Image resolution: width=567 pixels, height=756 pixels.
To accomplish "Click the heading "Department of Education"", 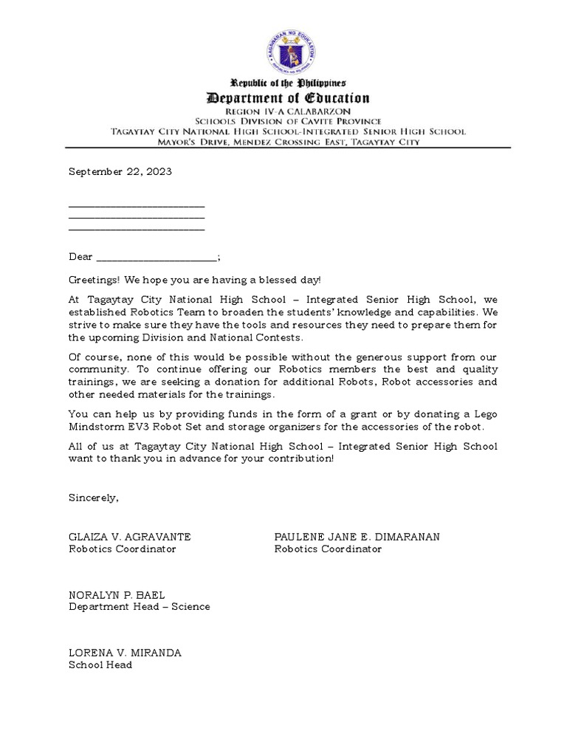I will tap(288, 97).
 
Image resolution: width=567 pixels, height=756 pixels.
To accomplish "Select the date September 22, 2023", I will tap(120, 171).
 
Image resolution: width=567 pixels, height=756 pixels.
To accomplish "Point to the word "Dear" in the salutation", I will tap(80, 257).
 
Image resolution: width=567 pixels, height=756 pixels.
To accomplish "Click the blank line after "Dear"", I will tap(157, 258).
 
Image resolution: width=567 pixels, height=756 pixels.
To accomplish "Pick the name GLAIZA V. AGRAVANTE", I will tap(130, 537).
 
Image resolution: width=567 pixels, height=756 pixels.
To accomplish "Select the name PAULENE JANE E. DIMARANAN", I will tap(357, 537).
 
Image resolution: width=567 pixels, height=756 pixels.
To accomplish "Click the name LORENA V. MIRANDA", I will tap(125, 653).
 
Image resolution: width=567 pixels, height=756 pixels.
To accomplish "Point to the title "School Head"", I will tap(100, 665).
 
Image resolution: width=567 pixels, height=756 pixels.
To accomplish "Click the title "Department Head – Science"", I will tap(140, 606).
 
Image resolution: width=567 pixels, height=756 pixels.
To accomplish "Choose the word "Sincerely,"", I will tap(94, 498).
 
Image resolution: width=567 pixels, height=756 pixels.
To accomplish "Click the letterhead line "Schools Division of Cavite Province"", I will tap(288, 121).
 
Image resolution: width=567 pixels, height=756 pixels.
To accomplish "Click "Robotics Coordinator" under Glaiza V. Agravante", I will tap(123, 549).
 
